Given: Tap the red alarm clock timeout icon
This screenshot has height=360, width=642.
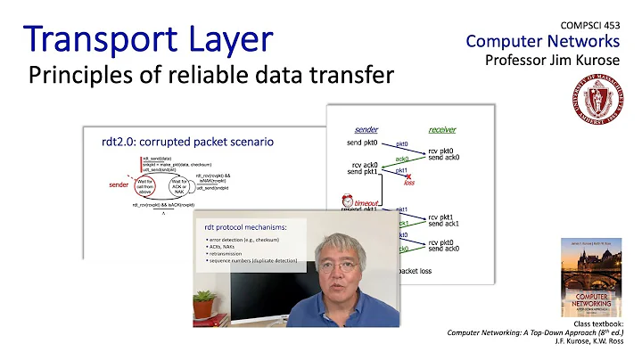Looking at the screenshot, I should [346, 202].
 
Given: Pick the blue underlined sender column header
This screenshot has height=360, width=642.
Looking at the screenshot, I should [366, 129].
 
